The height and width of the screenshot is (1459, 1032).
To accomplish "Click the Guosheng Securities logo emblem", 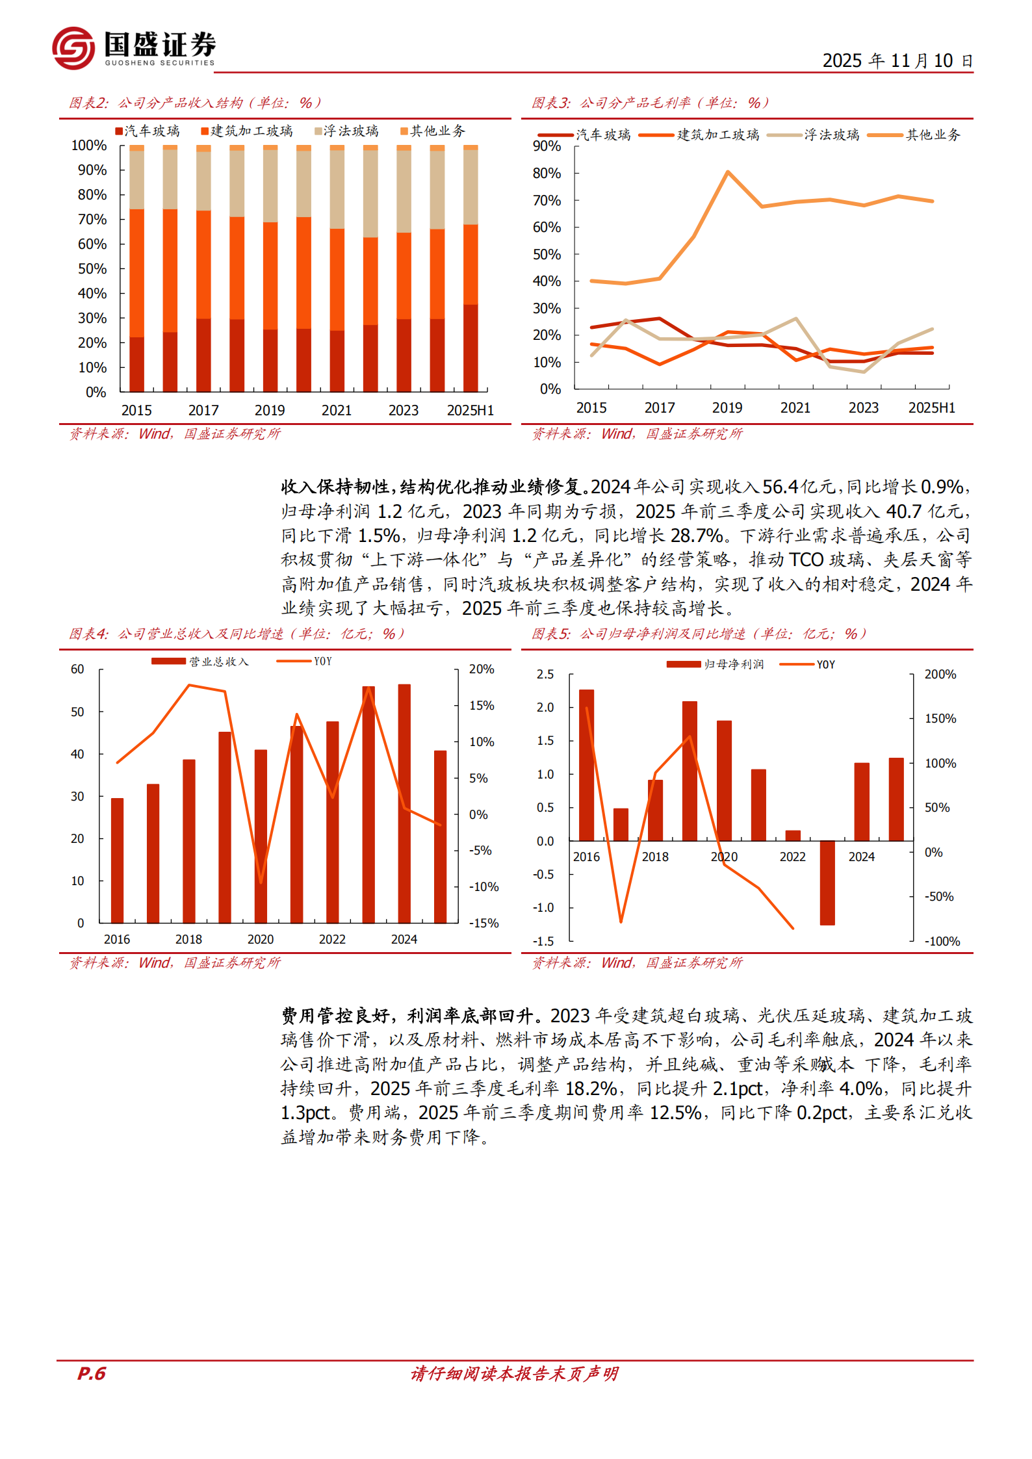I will click(73, 48).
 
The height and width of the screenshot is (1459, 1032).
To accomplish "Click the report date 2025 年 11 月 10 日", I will click(897, 61).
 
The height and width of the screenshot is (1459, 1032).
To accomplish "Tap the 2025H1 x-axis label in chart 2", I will click(470, 411).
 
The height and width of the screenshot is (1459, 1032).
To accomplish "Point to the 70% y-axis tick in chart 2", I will click(92, 220).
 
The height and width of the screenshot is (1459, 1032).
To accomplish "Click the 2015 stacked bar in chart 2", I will click(136, 268).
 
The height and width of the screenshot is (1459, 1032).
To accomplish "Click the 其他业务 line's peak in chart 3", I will click(727, 173).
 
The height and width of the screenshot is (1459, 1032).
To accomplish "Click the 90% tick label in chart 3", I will click(547, 146).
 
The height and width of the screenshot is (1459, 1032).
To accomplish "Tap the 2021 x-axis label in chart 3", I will click(795, 408).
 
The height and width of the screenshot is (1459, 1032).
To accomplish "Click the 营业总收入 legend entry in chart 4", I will click(201, 662).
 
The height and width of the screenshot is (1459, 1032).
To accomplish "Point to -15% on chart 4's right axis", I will click(484, 923).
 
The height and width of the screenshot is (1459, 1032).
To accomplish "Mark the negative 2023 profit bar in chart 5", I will click(827, 883).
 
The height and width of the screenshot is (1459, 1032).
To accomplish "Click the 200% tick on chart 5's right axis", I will click(940, 675).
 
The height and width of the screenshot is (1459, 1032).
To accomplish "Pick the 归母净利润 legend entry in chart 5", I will click(716, 665).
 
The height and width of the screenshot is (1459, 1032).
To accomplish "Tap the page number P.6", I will click(91, 1373).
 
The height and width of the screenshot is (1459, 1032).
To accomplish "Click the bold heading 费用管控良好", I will click(335, 1016).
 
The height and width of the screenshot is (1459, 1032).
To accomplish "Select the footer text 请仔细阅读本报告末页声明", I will click(514, 1373).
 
